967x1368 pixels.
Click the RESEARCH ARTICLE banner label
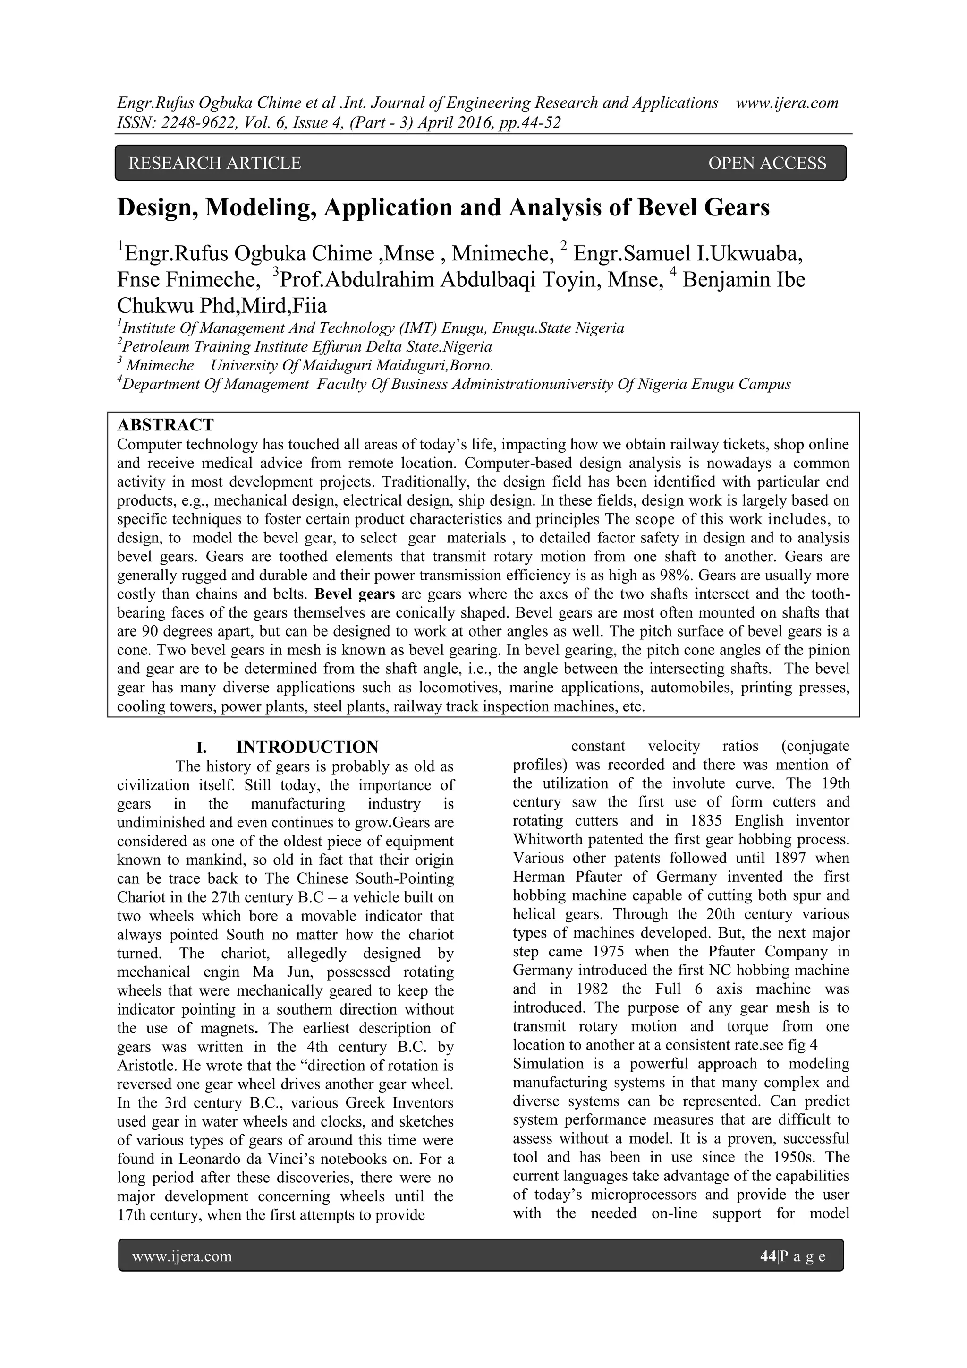click(x=214, y=163)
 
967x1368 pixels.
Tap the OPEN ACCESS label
click(x=767, y=163)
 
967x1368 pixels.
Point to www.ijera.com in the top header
click(x=787, y=103)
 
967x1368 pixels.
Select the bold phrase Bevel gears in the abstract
click(x=355, y=594)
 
